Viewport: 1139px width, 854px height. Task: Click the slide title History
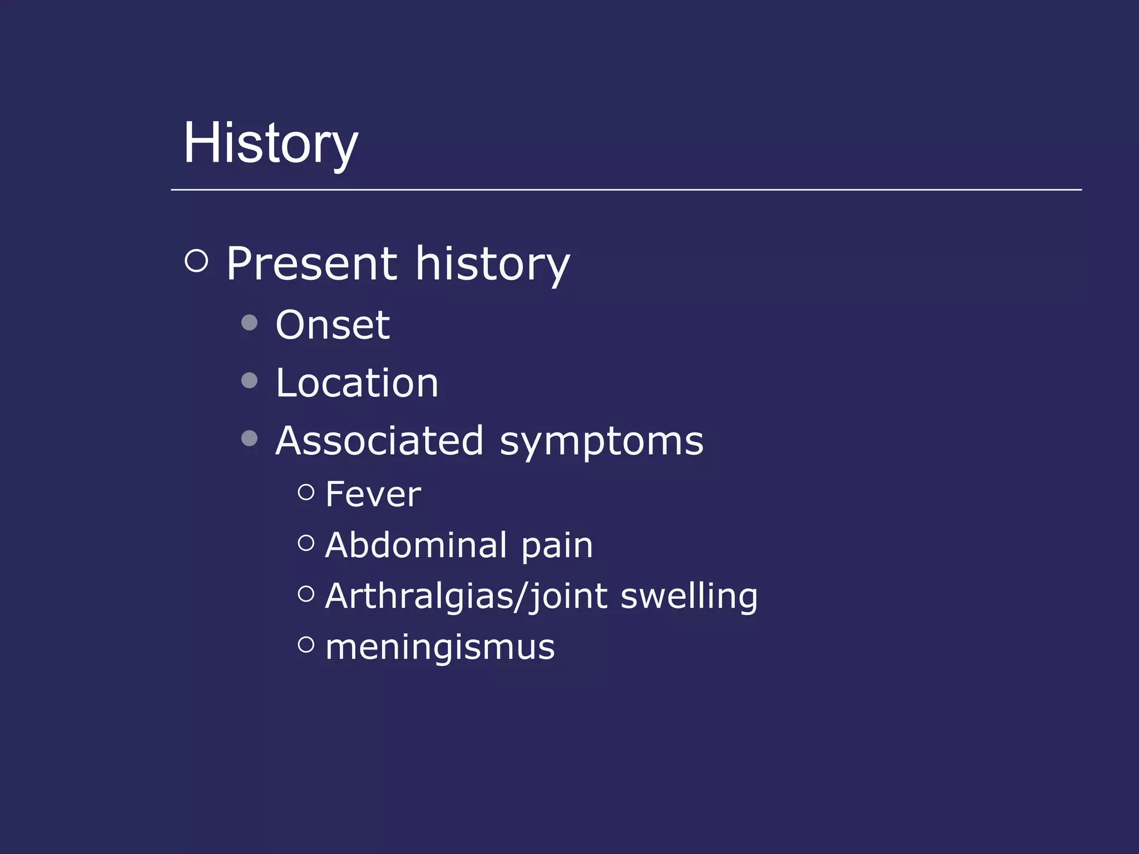click(271, 144)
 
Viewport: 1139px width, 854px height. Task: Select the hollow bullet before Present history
click(196, 260)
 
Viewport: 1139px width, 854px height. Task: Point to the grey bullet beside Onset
click(250, 322)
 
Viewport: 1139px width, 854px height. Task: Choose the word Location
click(357, 383)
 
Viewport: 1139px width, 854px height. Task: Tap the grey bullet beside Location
click(250, 380)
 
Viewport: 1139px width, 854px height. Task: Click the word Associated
click(380, 441)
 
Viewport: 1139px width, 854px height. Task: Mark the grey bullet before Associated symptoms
click(250, 439)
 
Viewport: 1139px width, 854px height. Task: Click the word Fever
click(373, 494)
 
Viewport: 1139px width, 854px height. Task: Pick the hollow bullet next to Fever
click(306, 491)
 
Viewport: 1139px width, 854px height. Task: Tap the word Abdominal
click(416, 545)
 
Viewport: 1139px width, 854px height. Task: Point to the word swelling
click(689, 597)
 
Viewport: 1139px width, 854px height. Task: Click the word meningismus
click(440, 648)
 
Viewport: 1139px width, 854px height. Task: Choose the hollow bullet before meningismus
click(306, 644)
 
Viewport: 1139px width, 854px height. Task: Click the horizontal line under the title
click(626, 190)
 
